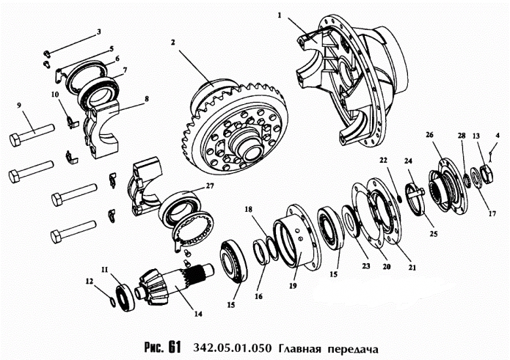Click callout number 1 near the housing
[x=280, y=14]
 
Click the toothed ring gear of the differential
[x=227, y=125]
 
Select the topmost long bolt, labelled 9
[x=32, y=137]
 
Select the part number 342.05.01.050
[x=230, y=346]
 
